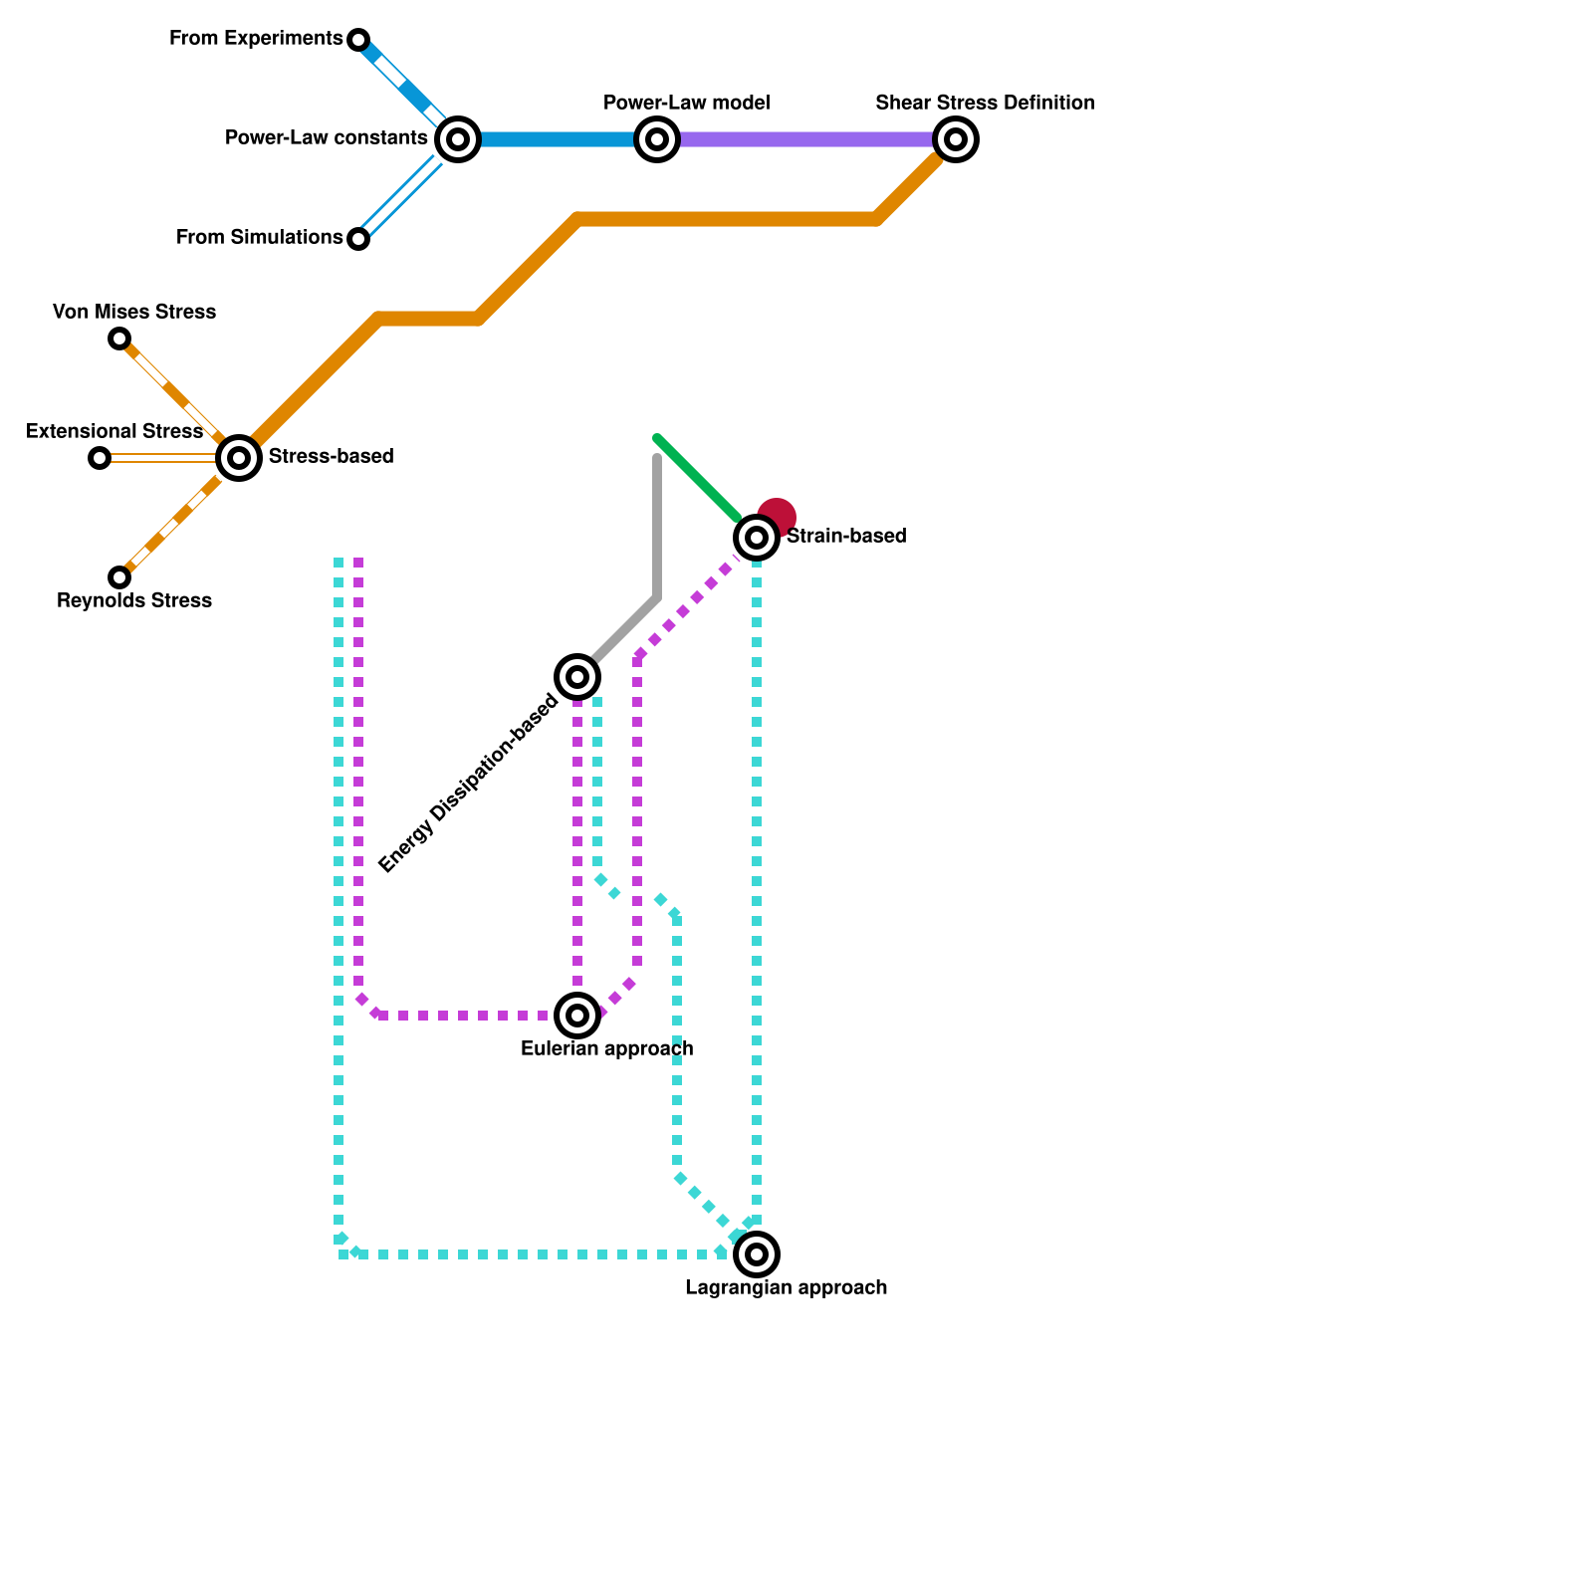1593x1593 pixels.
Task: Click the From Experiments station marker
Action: tap(358, 40)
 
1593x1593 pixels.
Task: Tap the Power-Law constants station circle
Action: tap(458, 139)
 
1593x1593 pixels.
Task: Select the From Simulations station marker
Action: tap(358, 239)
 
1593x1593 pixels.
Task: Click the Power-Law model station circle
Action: tap(657, 139)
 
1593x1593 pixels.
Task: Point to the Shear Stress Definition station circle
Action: tap(956, 139)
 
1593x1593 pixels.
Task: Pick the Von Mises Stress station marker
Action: tap(119, 339)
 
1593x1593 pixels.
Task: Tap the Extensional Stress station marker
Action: tap(100, 458)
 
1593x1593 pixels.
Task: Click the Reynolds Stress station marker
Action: tap(119, 577)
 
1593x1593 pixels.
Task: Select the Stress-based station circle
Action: tap(239, 458)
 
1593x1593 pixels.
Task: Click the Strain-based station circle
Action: tap(757, 538)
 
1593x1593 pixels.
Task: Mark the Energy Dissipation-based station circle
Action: tap(577, 677)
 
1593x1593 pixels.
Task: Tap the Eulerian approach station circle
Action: tap(577, 1016)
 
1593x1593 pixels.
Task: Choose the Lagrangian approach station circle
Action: tap(757, 1254)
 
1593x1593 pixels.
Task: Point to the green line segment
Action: tap(697, 478)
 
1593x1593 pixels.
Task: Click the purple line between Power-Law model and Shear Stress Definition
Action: tap(806, 139)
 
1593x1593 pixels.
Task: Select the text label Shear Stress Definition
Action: tap(985, 103)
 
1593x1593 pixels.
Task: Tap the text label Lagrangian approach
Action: tap(786, 1287)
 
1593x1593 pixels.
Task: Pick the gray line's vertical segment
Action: tap(657, 528)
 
